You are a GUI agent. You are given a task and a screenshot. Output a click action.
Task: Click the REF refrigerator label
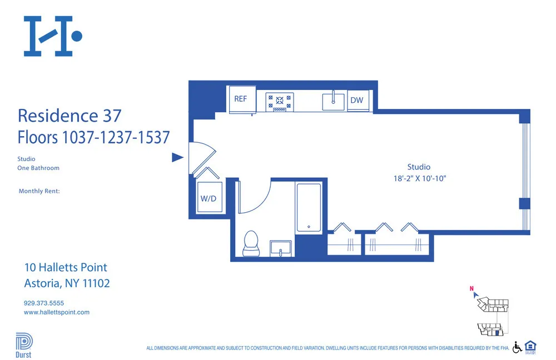240,99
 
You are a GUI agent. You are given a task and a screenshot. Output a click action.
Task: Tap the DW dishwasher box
357,101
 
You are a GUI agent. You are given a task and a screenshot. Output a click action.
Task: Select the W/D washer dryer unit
209,198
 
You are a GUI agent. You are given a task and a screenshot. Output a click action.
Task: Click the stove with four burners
280,101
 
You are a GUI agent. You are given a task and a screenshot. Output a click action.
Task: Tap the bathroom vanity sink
281,248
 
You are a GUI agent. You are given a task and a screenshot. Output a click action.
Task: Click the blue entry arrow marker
177,158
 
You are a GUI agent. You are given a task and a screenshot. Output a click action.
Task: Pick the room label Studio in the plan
419,167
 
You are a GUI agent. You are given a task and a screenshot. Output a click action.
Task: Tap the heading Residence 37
69,116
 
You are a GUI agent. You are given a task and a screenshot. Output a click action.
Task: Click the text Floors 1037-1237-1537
93,137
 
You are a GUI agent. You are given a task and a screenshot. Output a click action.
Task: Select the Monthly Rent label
39,191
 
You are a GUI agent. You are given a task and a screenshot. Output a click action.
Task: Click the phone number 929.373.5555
44,303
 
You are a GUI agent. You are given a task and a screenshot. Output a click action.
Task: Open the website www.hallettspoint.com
57,312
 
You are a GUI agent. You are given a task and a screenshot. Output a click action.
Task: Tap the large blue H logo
52,36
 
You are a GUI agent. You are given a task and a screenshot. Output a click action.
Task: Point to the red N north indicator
471,288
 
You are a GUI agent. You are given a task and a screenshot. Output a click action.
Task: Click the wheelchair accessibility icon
517,347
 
